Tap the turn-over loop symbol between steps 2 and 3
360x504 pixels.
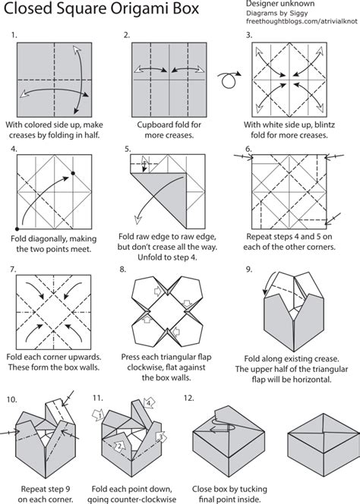229,79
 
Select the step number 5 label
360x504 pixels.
128,149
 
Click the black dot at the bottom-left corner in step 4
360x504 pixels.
17,229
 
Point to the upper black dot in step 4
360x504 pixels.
73,173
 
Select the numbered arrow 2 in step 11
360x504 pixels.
120,445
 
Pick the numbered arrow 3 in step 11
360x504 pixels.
161,436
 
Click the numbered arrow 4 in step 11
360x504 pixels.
149,403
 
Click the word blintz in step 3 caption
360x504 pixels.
324,124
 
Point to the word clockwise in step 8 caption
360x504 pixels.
145,367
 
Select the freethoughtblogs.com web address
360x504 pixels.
302,21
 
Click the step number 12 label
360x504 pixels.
188,398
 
